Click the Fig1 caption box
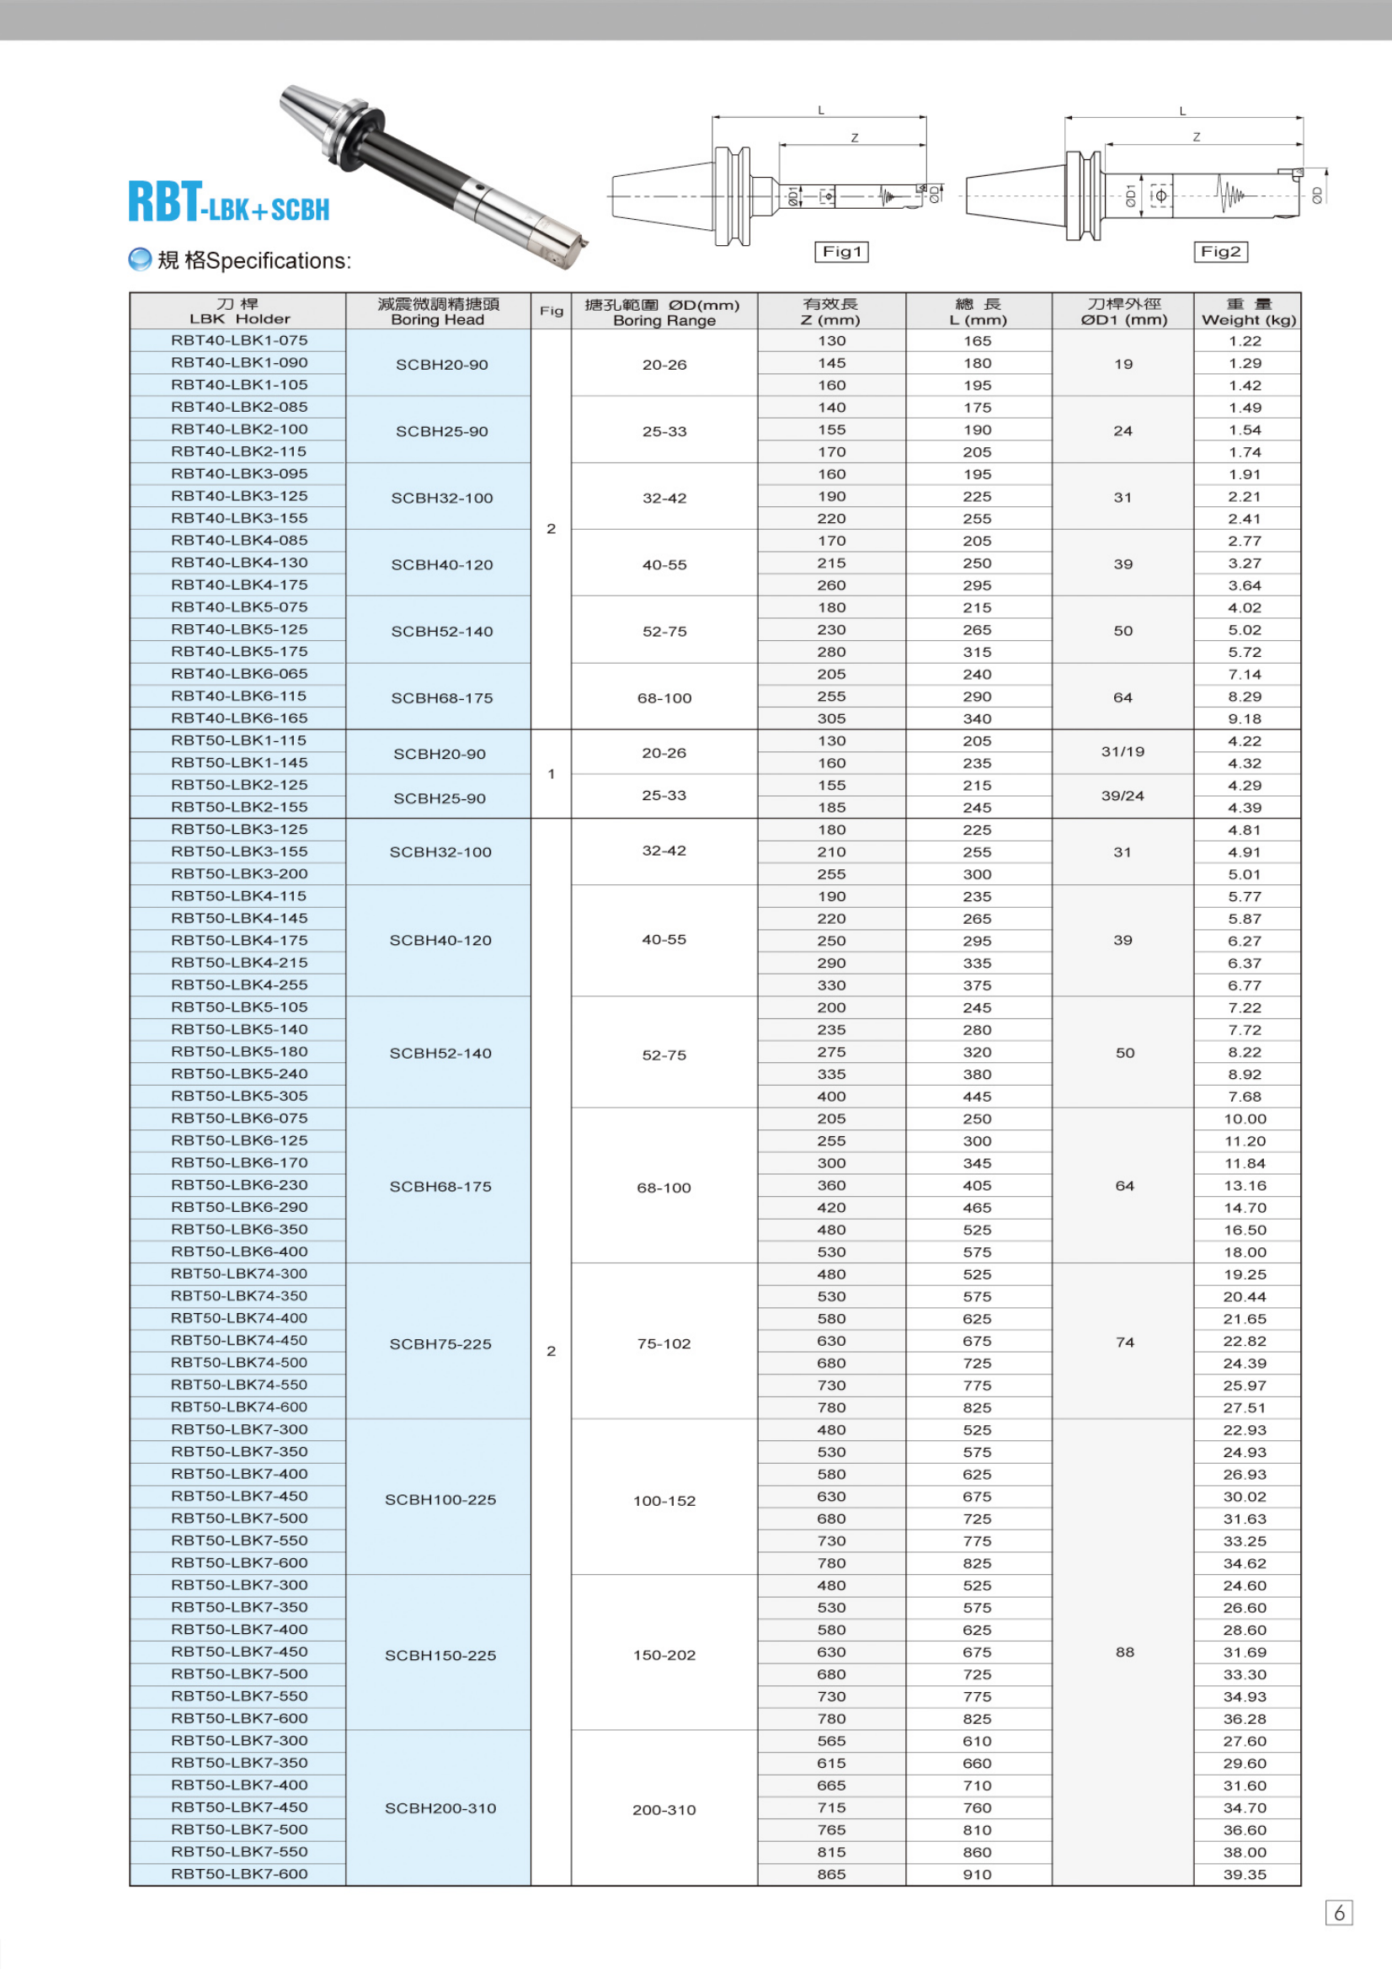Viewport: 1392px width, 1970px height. point(840,251)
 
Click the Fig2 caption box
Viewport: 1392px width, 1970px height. point(1219,251)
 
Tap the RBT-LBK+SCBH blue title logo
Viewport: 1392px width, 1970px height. point(228,202)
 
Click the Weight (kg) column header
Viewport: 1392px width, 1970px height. point(1248,312)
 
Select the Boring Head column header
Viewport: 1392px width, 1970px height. point(437,312)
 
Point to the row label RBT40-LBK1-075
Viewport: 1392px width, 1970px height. point(238,340)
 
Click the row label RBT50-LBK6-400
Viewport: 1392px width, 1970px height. point(238,1252)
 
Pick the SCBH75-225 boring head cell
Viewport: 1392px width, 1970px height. point(440,1344)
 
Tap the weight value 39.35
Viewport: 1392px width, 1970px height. point(1245,1875)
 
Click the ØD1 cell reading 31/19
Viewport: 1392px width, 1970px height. point(1123,751)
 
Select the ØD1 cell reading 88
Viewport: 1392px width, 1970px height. point(1124,1652)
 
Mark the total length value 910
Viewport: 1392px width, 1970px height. point(977,1875)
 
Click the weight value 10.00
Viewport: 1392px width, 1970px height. point(1245,1118)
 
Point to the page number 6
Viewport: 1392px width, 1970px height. point(1339,1913)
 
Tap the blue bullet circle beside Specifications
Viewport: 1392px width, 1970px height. point(139,259)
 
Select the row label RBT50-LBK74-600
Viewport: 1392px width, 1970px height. point(238,1407)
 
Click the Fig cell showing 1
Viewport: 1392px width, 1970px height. point(552,774)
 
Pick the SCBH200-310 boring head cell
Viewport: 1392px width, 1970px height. point(440,1808)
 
